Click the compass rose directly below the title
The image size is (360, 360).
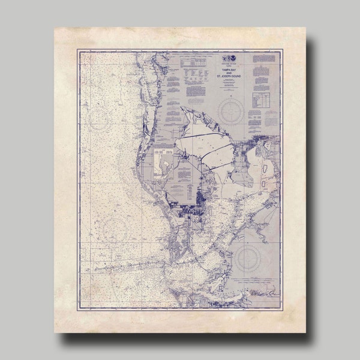coord(231,110)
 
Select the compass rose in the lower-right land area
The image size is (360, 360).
coord(247,259)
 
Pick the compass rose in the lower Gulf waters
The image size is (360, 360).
coord(114,228)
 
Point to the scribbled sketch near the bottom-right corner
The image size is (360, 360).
coord(264,295)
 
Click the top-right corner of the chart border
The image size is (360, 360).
coord(280,51)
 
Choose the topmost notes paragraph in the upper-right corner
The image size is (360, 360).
coord(264,58)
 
